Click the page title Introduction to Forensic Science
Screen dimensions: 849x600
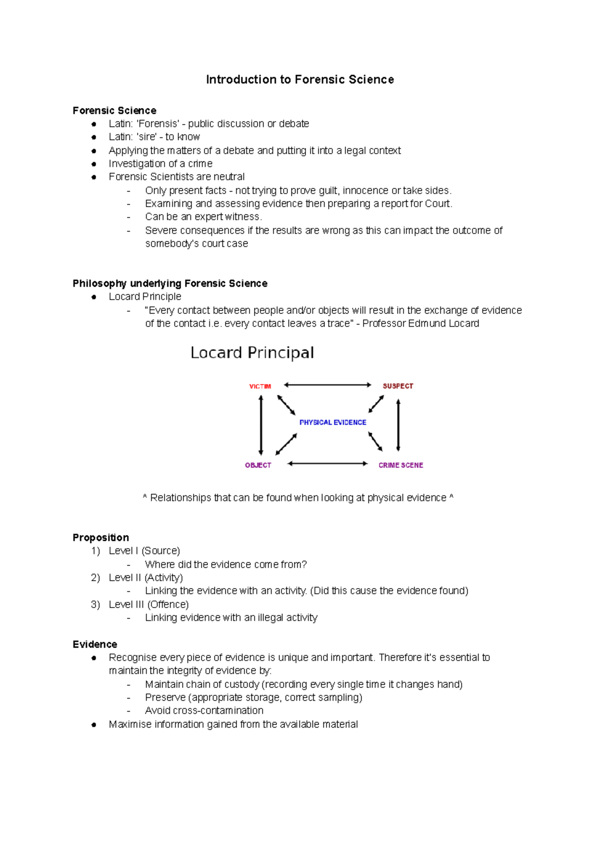coord(300,79)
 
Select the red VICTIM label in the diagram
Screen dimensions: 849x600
coord(260,386)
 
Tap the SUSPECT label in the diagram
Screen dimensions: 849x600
coord(398,386)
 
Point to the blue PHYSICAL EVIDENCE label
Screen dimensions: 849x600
coord(332,422)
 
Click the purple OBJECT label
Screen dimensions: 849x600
coord(258,465)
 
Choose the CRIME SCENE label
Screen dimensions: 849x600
coord(400,465)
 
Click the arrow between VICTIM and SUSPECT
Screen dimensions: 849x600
coord(327,385)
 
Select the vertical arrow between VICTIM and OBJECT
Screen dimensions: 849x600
coord(261,425)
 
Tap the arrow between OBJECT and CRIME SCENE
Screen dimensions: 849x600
coord(327,463)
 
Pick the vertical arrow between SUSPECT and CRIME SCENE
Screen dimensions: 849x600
coord(398,425)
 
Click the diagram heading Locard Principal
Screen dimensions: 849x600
coord(252,353)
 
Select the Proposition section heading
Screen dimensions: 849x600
coord(100,537)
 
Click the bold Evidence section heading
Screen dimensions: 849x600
coord(95,644)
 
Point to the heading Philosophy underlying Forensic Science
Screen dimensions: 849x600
coord(170,283)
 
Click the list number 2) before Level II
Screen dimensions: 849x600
coord(95,577)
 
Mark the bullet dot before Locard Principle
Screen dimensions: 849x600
coord(93,297)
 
